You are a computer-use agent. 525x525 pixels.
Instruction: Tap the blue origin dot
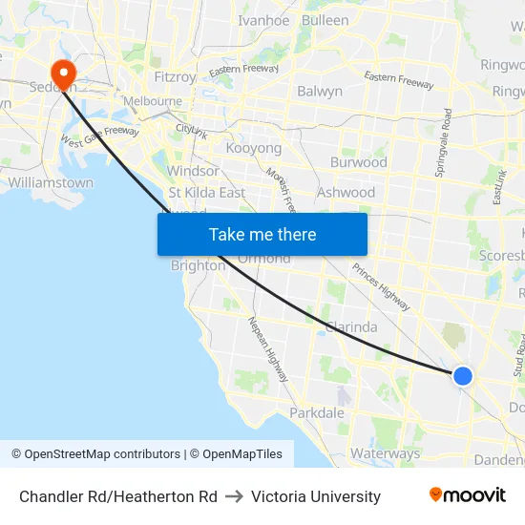click(x=462, y=376)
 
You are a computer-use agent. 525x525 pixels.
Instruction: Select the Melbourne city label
click(x=151, y=101)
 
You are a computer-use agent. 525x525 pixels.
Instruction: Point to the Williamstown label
click(x=51, y=182)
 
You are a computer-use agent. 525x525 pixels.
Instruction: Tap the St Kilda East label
click(x=206, y=193)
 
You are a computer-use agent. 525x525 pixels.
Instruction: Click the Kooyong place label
click(x=254, y=149)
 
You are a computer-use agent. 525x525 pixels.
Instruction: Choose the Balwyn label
click(x=320, y=92)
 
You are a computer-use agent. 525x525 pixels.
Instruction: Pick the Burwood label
click(x=359, y=162)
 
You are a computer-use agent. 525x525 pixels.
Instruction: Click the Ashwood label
click(x=346, y=192)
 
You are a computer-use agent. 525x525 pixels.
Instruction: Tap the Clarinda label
click(x=351, y=326)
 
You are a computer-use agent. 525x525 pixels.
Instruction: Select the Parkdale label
click(x=317, y=413)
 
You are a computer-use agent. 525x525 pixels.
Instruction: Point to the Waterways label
click(x=386, y=453)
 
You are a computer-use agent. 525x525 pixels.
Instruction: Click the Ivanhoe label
click(x=263, y=20)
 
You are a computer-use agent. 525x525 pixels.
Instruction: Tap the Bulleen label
click(x=325, y=20)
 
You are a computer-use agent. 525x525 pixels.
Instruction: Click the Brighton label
click(x=198, y=266)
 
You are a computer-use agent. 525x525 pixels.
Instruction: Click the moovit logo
click(x=468, y=495)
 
